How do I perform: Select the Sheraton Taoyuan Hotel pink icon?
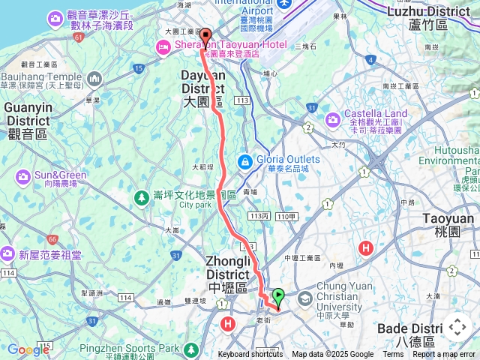pos(162,47)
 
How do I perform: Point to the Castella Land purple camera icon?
pos(332,119)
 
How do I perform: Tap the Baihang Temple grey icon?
pos(94,78)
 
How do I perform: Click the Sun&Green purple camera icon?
pos(22,176)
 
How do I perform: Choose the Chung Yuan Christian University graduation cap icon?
pos(305,298)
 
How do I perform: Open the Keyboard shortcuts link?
pos(250,355)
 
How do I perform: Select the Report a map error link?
pos(444,355)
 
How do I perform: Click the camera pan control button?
pos(457,327)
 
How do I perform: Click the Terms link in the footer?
pos(393,355)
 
